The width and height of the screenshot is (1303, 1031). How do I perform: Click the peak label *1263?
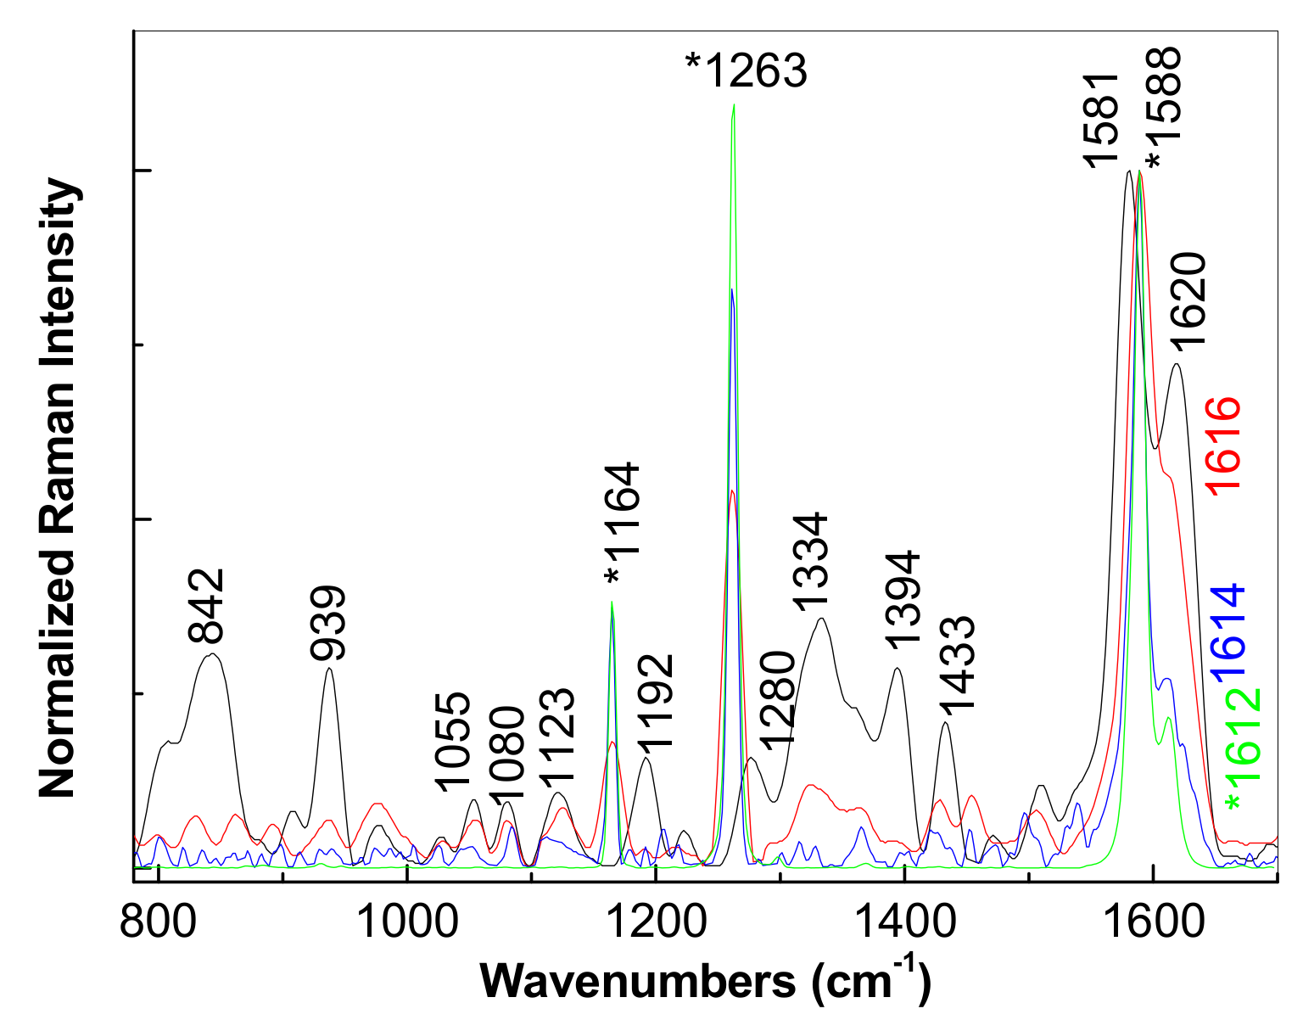click(747, 72)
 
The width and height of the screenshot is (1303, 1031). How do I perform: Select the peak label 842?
click(206, 606)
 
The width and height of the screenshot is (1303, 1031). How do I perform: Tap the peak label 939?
click(328, 623)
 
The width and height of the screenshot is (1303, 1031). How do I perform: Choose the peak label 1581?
click(1103, 120)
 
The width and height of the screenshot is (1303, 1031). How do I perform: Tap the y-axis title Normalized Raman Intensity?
click(59, 488)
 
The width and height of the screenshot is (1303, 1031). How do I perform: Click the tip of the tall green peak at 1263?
click(733, 105)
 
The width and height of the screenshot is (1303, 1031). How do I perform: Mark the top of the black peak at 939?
click(329, 669)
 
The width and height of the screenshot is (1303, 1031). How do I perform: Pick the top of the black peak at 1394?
click(897, 669)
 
